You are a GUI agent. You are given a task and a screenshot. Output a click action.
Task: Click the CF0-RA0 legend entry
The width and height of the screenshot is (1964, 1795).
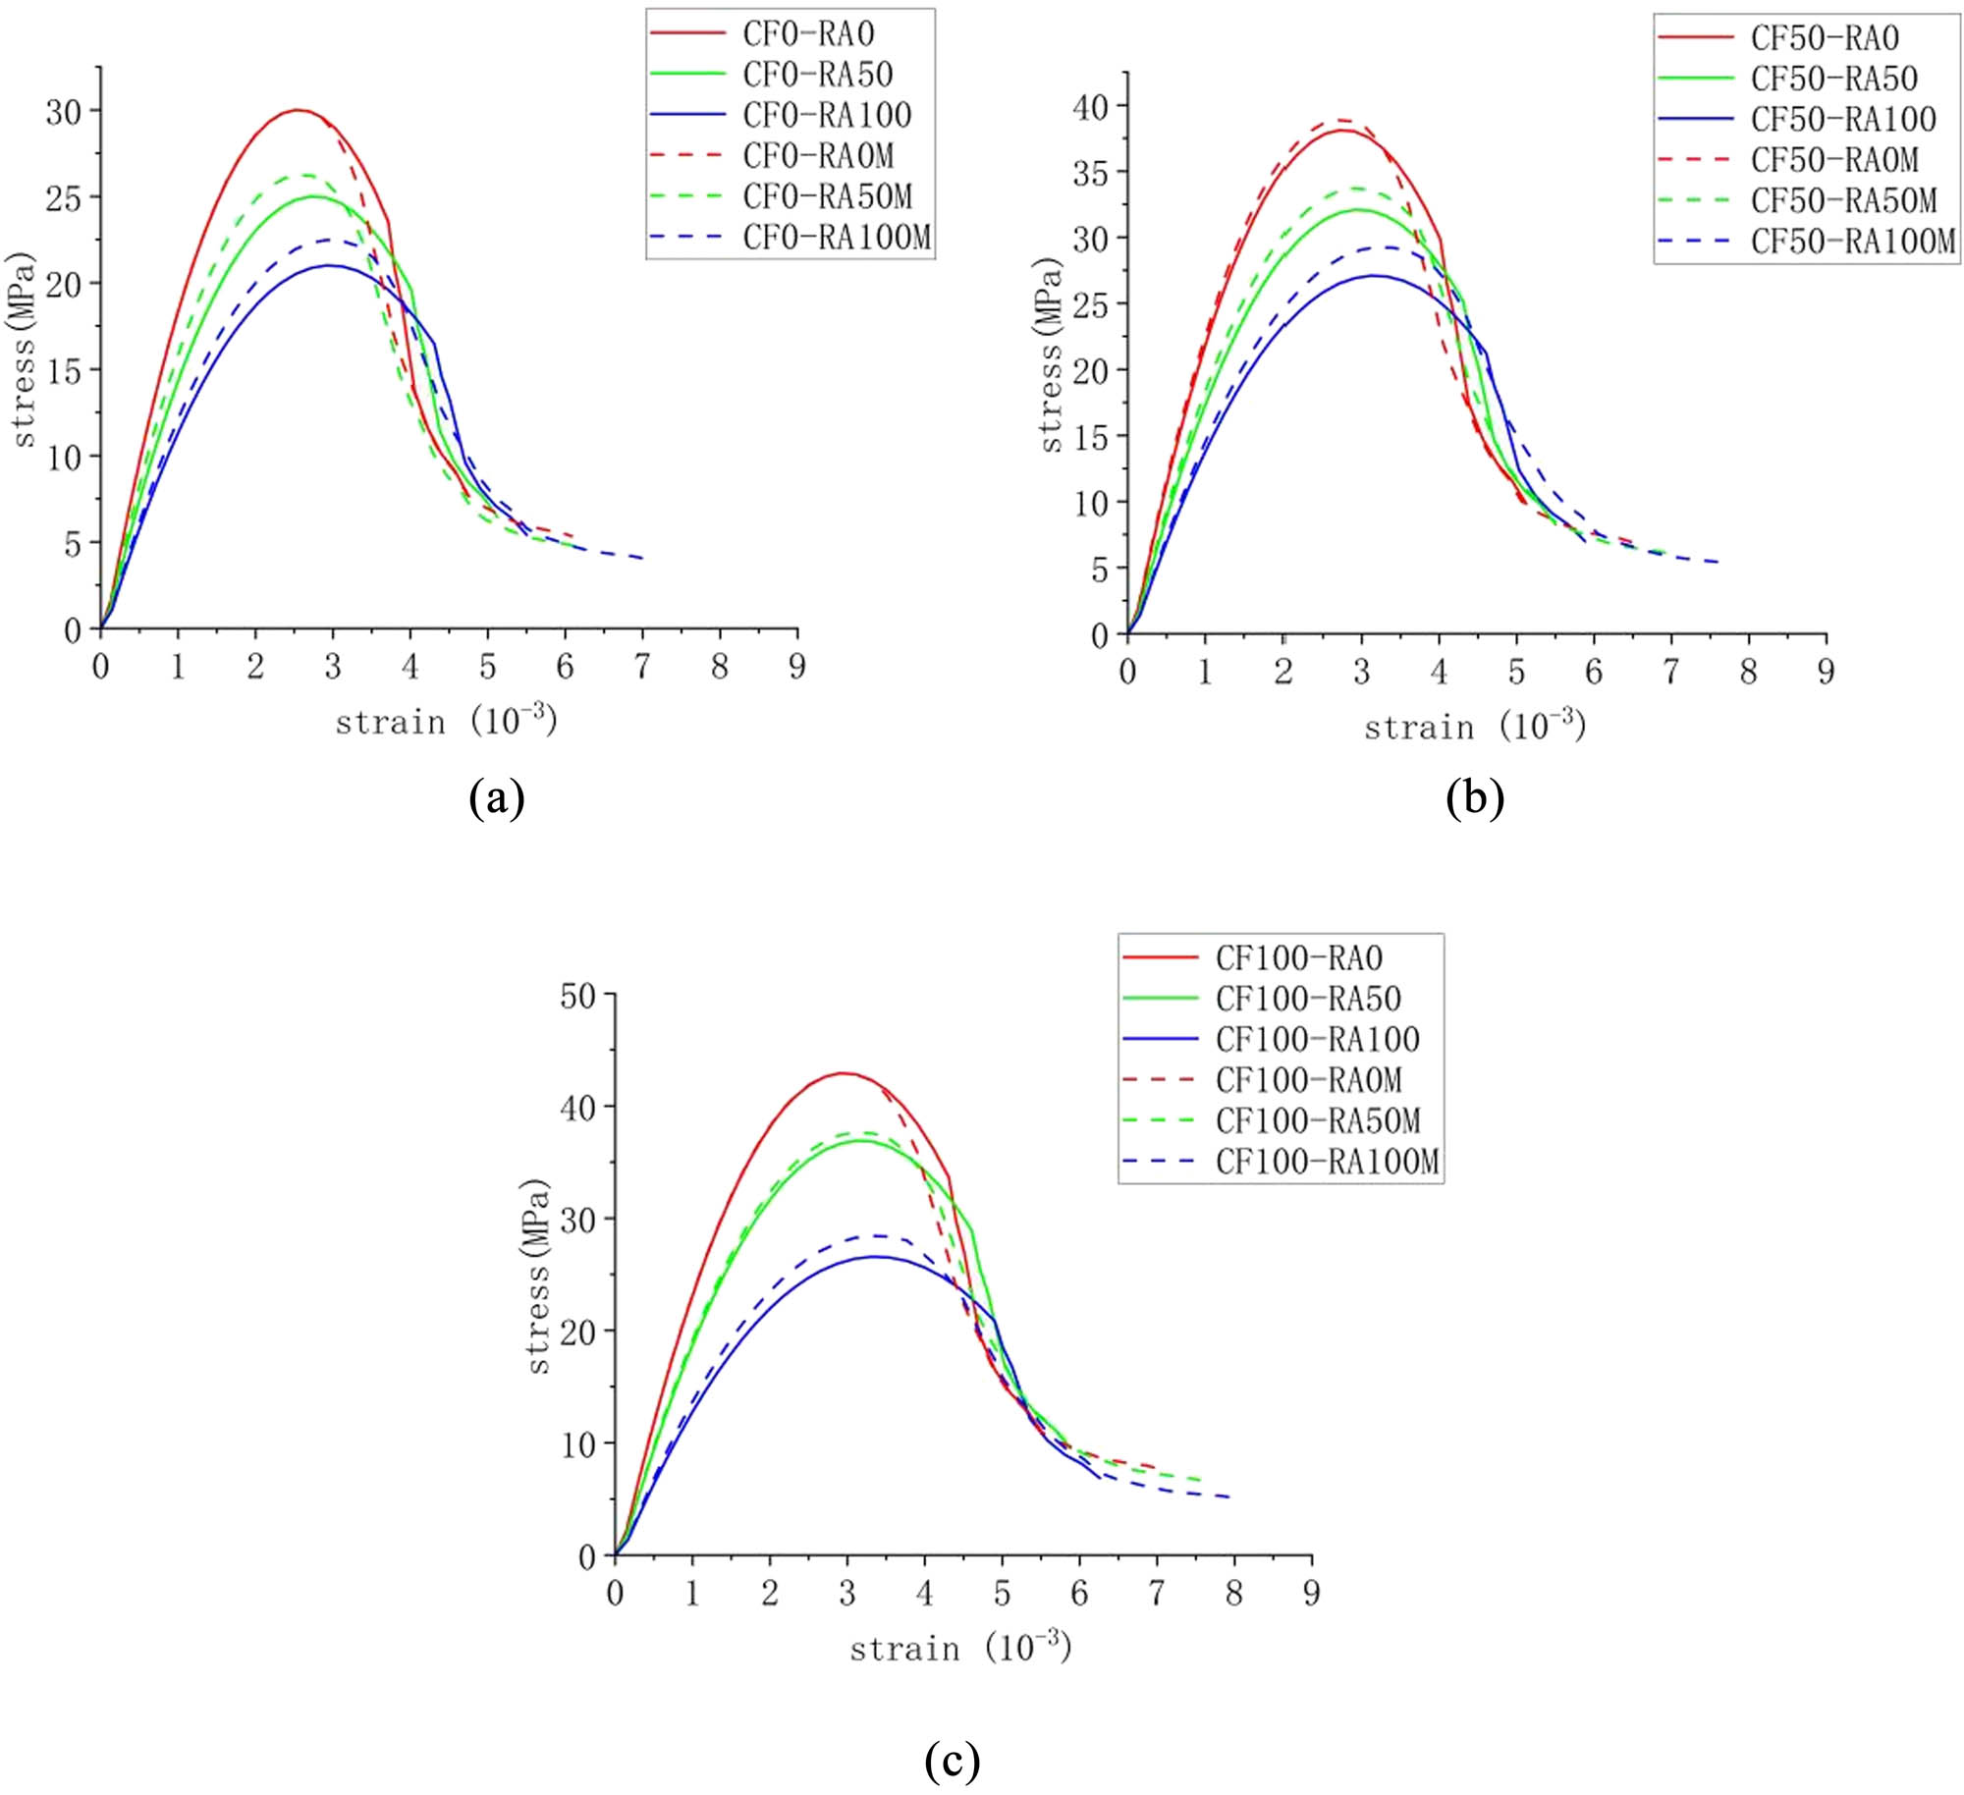point(807,34)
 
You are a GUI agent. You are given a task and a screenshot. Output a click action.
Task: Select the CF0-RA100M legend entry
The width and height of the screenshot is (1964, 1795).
point(836,238)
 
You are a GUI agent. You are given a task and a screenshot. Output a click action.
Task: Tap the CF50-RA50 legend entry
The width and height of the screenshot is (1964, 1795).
point(1833,79)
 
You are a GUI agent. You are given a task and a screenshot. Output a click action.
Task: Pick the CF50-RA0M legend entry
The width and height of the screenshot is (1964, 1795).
point(1833,160)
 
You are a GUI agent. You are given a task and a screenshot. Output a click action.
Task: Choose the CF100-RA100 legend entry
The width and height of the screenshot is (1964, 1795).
point(1317,1039)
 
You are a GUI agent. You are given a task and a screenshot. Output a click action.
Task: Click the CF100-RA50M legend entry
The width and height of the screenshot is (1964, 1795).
point(1317,1120)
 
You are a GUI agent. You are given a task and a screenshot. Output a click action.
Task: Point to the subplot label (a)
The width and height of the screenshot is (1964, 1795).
point(497,798)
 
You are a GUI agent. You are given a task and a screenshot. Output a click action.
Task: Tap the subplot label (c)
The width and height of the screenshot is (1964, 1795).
point(952,1761)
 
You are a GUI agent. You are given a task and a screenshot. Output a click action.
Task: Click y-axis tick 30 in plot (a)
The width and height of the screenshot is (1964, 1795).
point(65,112)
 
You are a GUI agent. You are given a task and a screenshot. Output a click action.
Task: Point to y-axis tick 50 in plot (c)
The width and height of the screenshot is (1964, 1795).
point(578,996)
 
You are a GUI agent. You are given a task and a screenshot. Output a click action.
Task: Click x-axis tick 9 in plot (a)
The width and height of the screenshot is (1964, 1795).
point(796,668)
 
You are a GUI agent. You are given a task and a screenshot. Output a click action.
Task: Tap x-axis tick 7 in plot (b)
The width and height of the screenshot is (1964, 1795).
point(1670,673)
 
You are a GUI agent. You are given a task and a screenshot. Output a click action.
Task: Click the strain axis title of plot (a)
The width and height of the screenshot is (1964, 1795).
point(446,722)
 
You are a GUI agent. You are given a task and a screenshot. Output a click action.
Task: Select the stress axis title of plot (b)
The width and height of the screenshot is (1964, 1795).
point(1051,355)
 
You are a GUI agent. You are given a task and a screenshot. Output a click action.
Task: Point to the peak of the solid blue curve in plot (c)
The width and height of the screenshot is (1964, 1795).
point(874,1256)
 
